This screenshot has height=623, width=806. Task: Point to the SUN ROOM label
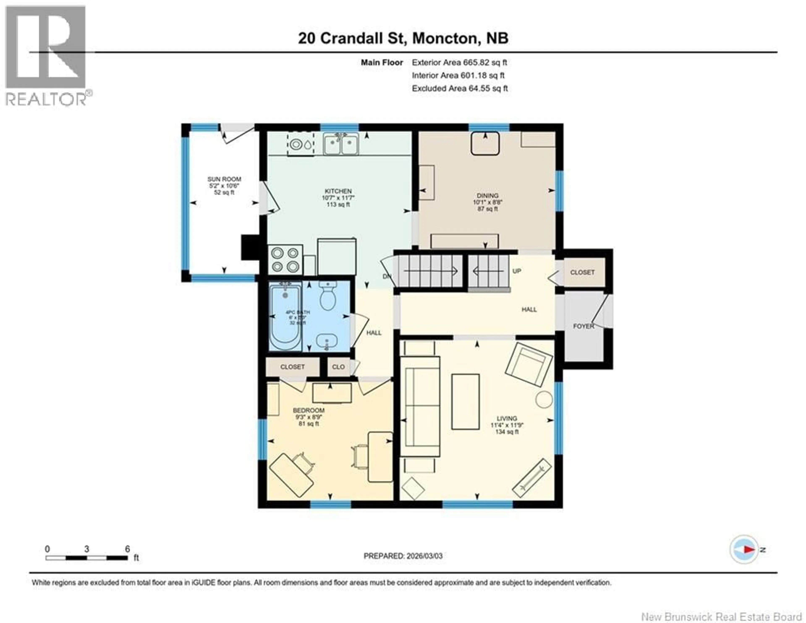click(224, 179)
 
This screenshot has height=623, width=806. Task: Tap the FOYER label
click(584, 326)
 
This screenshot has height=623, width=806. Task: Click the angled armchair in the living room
click(529, 364)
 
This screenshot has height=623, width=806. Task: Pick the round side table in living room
click(544, 399)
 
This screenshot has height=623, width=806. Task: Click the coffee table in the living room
click(465, 402)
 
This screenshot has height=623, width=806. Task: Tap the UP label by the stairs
click(517, 271)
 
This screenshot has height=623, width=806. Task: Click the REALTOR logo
click(46, 55)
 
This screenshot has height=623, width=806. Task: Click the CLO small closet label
click(338, 367)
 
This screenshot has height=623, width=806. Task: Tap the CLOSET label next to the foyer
click(582, 272)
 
